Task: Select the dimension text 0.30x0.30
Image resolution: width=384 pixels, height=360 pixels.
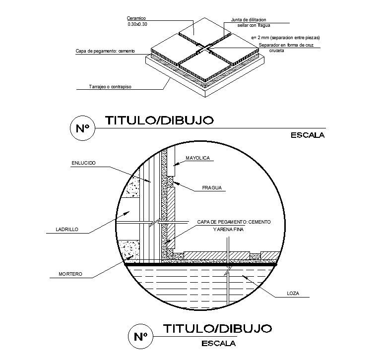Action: pos(137,24)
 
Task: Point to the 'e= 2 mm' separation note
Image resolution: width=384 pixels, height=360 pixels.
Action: pos(285,38)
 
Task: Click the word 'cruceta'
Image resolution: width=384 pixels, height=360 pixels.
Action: pos(276,51)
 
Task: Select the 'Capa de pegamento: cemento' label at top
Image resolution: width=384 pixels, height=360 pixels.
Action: pos(105,51)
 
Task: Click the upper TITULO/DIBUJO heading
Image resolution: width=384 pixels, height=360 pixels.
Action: pos(159,120)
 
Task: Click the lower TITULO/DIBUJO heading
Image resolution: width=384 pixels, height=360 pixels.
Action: pos(217,328)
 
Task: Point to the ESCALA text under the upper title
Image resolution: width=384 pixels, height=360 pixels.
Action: pos(307,135)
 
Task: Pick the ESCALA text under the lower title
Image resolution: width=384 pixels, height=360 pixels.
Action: pos(219,343)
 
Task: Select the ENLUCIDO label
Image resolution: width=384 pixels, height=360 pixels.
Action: pos(83,162)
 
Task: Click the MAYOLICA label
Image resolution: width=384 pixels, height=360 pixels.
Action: pos(198,158)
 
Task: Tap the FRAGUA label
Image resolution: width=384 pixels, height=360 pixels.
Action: pos(212,188)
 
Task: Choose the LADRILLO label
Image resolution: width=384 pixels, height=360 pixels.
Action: pos(67,230)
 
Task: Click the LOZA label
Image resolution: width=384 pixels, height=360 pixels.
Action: pos(293,294)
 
